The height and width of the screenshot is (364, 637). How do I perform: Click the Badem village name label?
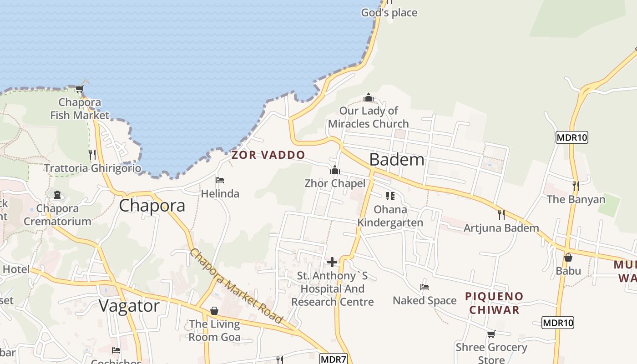tap(397, 160)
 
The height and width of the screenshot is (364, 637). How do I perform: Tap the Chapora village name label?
tap(152, 206)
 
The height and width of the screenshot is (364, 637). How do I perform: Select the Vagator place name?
tap(129, 305)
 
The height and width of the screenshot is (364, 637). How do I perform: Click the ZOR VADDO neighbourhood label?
tap(268, 155)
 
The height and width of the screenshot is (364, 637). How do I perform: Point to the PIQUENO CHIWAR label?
tap(494, 303)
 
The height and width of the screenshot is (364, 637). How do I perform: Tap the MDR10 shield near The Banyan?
tap(572, 137)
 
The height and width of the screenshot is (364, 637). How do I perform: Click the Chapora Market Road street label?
tap(236, 285)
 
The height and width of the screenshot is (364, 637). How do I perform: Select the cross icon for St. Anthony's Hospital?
tap(332, 262)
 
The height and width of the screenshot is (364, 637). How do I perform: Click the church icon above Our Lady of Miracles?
tap(369, 98)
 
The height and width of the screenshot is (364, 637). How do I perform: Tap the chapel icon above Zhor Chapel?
tap(335, 171)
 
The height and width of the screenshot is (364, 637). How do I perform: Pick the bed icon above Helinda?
tap(220, 180)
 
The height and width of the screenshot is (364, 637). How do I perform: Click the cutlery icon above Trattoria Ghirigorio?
tap(92, 155)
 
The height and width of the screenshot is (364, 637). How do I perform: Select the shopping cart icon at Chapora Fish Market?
tap(80, 89)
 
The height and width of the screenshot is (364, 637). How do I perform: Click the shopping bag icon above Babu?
tap(568, 258)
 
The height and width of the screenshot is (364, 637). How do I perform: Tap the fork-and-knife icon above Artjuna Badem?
tap(501, 214)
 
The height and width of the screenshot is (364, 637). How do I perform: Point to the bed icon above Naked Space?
tap(425, 287)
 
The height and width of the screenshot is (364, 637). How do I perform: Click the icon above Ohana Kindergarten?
tap(390, 196)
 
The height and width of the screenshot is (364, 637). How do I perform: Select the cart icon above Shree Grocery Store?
tap(491, 334)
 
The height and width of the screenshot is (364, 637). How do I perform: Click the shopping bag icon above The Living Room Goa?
tap(214, 311)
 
